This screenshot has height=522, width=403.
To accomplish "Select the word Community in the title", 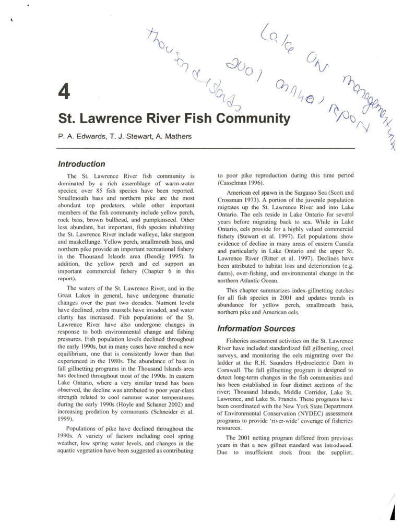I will pyautogui.click(x=253, y=118).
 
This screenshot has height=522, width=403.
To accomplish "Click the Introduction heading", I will pyautogui.click(x=81, y=164).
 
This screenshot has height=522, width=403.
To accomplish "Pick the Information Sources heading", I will pyautogui.click(x=256, y=329).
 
